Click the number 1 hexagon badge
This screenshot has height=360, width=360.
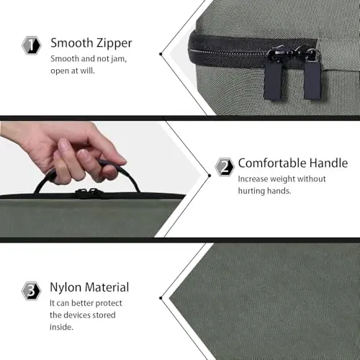point(32,45)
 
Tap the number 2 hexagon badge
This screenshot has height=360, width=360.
point(225,167)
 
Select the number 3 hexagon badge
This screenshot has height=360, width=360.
point(32,289)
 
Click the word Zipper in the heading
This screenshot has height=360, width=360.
point(111,42)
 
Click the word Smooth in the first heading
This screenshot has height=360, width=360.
point(71,42)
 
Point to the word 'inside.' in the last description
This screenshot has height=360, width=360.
point(62,328)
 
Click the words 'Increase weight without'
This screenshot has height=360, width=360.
point(282,179)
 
